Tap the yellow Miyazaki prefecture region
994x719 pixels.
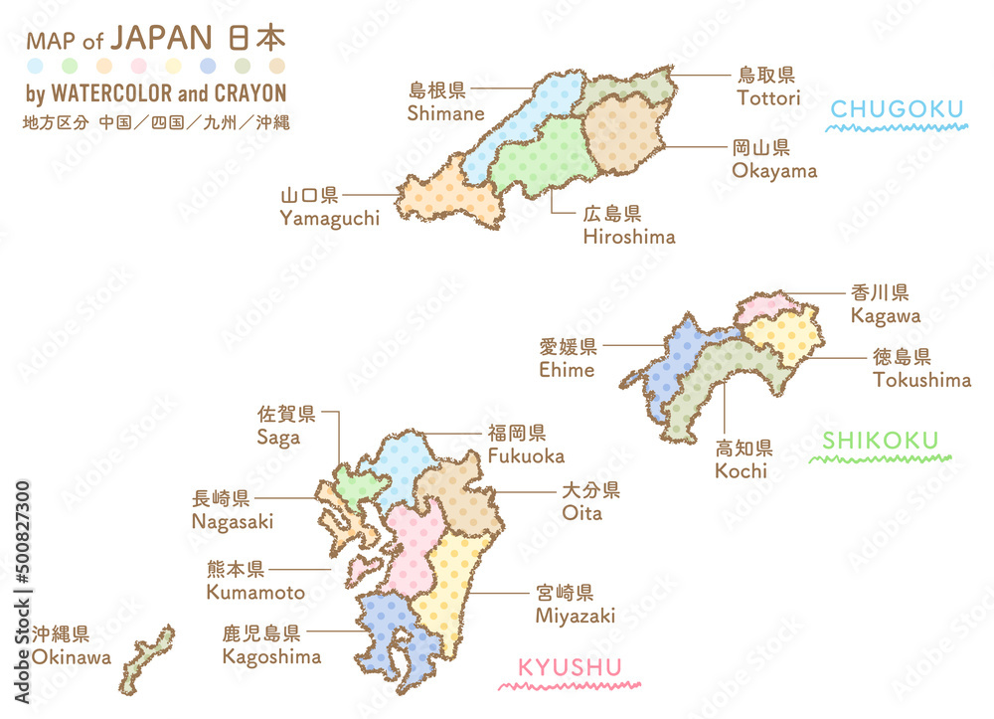pyautogui.click(x=452, y=587)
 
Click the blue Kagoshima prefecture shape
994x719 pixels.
pyautogui.click(x=393, y=636)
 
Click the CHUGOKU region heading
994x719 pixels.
pyautogui.click(x=898, y=108)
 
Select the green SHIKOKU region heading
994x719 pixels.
pyautogui.click(x=881, y=440)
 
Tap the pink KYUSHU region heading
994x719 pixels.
pyautogui.click(x=570, y=667)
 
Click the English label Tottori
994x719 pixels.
pyautogui.click(x=768, y=97)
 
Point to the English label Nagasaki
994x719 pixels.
pyautogui.click(x=233, y=521)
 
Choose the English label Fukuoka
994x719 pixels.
pyautogui.click(x=526, y=455)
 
